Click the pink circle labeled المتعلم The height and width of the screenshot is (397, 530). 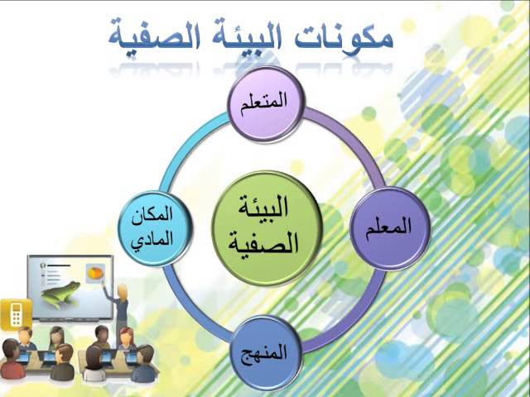pyautogui.click(x=265, y=104)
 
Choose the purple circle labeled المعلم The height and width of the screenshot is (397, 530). pyautogui.click(x=390, y=228)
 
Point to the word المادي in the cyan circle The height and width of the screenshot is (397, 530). pyautogui.click(x=153, y=241)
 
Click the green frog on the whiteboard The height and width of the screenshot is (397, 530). pyautogui.click(x=60, y=293)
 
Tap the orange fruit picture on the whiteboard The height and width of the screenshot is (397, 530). pyautogui.click(x=94, y=272)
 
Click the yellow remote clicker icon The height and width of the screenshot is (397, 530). pyautogui.click(x=16, y=314)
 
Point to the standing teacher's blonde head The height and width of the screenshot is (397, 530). pyautogui.click(x=123, y=291)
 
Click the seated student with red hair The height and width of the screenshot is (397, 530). pyautogui.click(x=127, y=338)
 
